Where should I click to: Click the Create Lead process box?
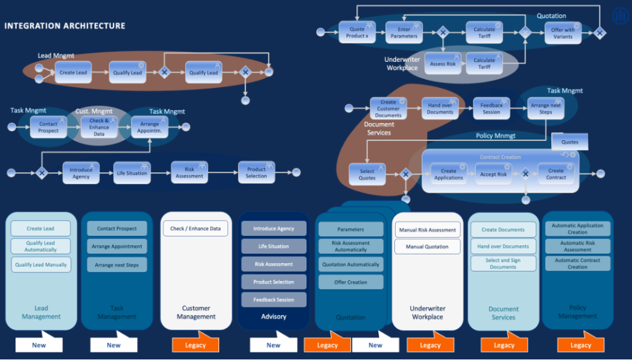[x=73, y=72]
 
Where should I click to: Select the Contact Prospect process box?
[x=48, y=127]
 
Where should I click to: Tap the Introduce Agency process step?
[x=81, y=173]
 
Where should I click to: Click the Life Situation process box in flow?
[x=132, y=173]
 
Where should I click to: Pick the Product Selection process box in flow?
[x=256, y=172]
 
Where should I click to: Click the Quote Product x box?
[x=357, y=32]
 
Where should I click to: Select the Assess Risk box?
[x=443, y=64]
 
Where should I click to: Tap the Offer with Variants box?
[x=562, y=33]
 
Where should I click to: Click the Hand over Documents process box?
[x=440, y=108]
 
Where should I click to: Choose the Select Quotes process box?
[x=367, y=175]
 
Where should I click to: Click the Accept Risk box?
[x=493, y=174]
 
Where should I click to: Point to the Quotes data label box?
[x=570, y=142]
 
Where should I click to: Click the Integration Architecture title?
[x=65, y=26]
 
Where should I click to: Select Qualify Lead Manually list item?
[x=41, y=264]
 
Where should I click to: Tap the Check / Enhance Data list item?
[x=195, y=228]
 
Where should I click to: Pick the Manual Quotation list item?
[x=427, y=247]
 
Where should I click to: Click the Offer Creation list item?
[x=351, y=282]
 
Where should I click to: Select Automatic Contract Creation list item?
[x=578, y=264]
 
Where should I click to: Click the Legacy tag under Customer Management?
[x=195, y=345]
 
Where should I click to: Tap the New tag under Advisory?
[x=273, y=345]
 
